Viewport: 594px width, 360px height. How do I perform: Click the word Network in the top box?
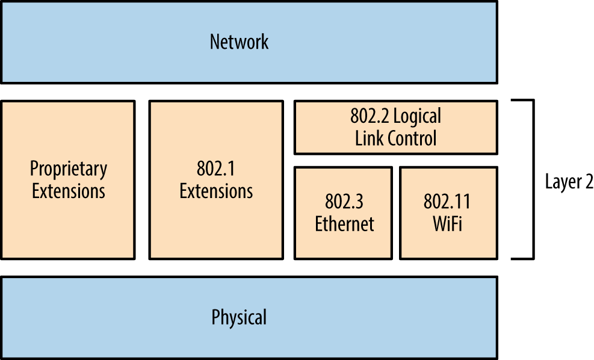tap(239, 42)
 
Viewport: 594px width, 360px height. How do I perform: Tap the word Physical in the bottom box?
tap(239, 317)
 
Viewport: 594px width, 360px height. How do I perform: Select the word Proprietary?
tap(69, 169)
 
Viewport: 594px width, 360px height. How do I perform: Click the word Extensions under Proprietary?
tap(69, 191)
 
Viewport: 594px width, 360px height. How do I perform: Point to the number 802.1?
tap(216, 169)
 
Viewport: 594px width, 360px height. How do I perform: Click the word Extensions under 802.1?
tap(216, 191)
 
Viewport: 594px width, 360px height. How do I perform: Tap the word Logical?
tap(416, 116)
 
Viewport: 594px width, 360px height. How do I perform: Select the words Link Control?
tap(395, 138)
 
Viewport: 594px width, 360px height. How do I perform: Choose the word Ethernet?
tap(344, 224)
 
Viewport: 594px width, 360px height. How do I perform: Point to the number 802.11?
tap(447, 202)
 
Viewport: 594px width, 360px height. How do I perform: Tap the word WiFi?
tap(447, 224)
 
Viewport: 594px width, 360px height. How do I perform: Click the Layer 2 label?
tap(569, 182)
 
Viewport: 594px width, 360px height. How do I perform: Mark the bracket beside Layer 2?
tap(531, 179)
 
